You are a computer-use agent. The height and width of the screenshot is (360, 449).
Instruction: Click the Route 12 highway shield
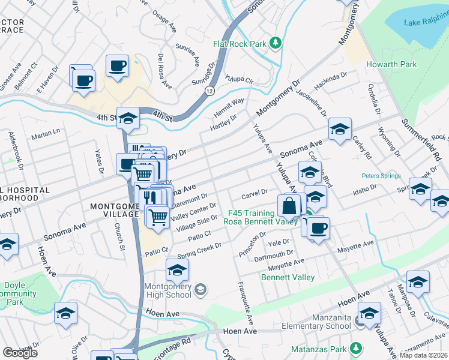point(208,90)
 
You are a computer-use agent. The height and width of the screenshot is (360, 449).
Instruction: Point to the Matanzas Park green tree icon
point(356,347)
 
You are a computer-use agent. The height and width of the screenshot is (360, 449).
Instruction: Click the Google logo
point(20,352)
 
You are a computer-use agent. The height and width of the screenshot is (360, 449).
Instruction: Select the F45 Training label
point(250,213)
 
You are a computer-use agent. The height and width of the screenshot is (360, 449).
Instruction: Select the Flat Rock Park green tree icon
point(275,43)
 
